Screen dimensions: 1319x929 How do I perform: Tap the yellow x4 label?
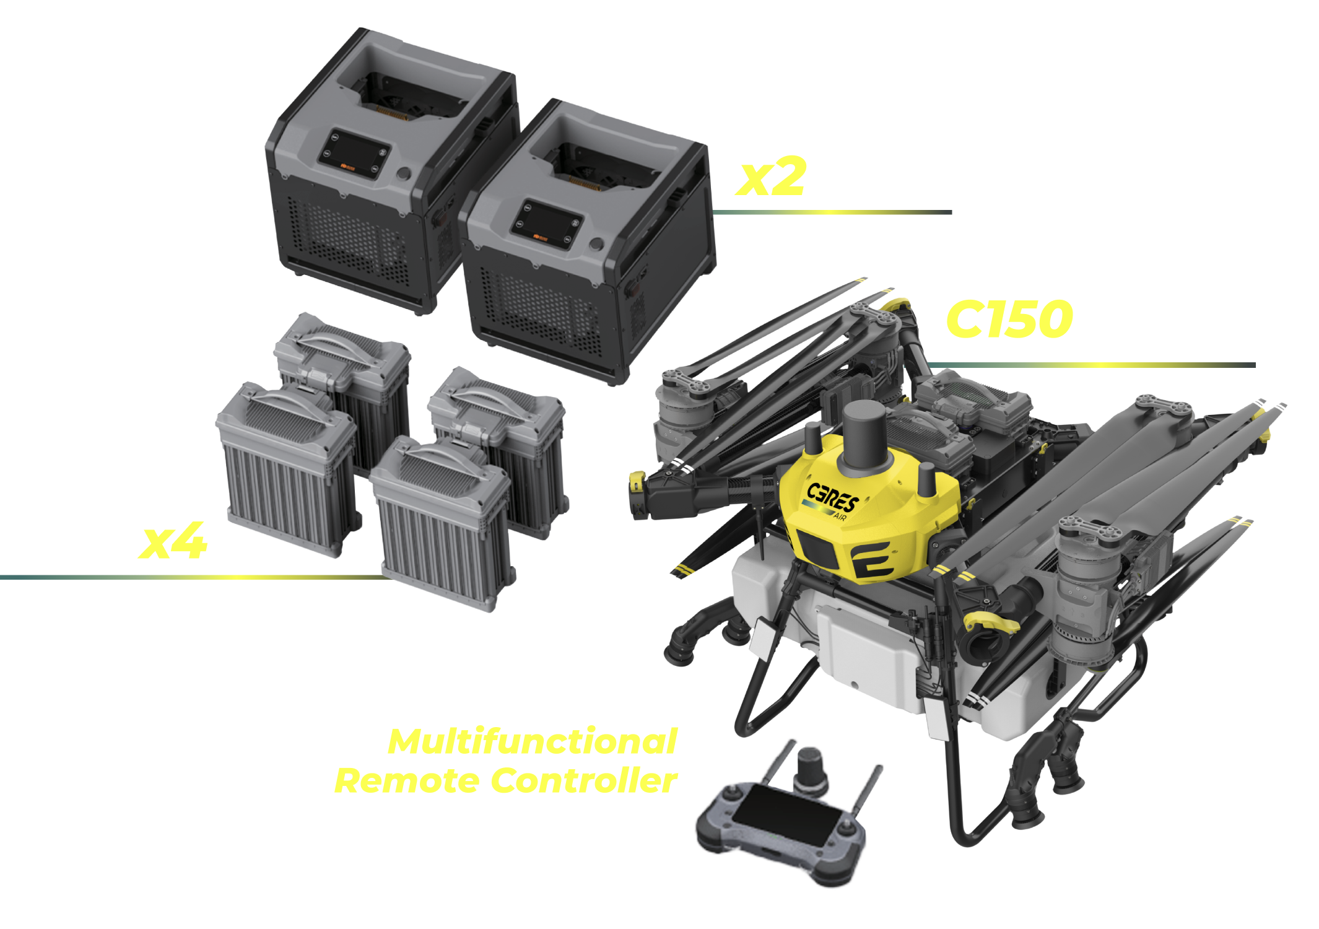(x=173, y=541)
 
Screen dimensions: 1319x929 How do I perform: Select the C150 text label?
(x=1010, y=319)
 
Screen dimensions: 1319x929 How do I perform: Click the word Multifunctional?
(x=533, y=741)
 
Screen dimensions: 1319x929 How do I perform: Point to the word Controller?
(x=585, y=780)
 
